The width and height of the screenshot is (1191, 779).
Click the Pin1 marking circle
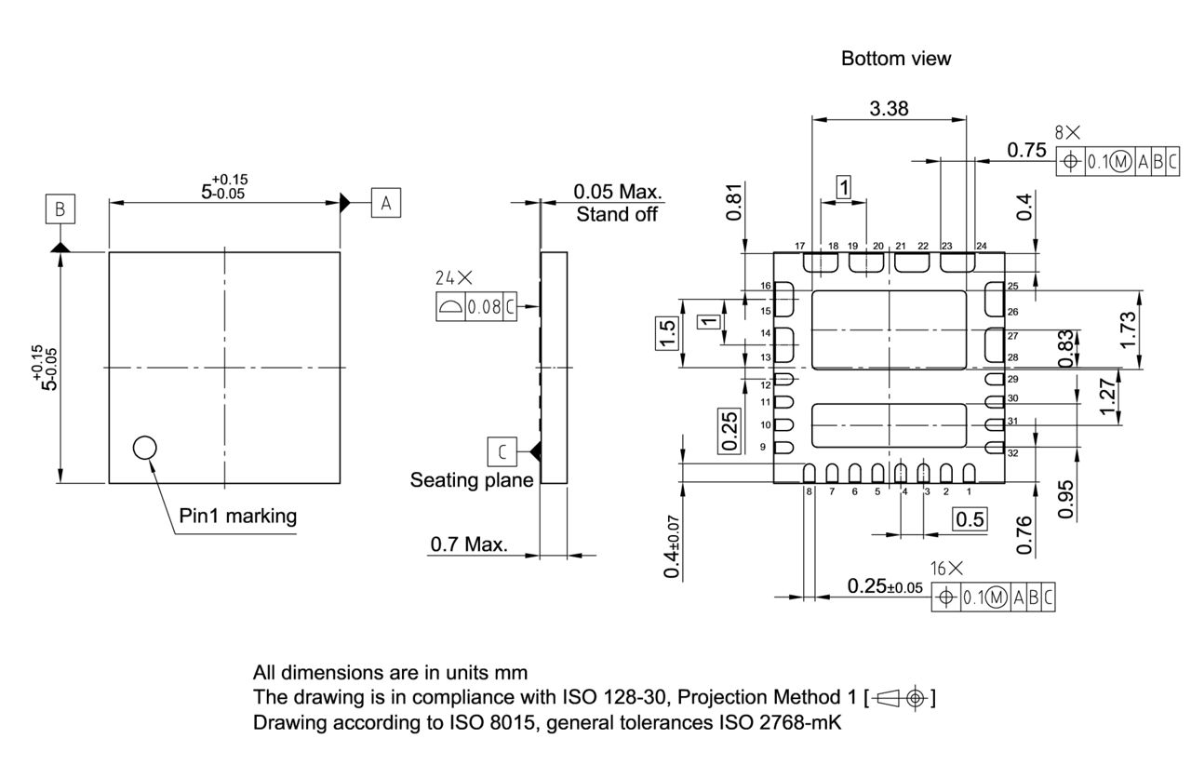[x=144, y=449]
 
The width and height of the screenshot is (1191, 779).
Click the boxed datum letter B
[x=60, y=209]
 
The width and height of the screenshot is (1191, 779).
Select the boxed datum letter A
[x=386, y=202]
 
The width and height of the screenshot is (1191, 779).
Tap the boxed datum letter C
[x=502, y=452]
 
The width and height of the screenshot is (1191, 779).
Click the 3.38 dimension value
[x=890, y=109]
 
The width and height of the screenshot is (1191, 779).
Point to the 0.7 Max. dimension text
[x=469, y=544]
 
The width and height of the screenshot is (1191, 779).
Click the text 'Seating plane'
[x=472, y=480]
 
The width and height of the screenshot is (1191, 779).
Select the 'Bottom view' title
[x=896, y=59]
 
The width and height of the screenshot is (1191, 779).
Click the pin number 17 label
[x=799, y=246]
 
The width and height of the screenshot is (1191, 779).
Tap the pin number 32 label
[x=1012, y=453]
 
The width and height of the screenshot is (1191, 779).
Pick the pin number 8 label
[x=809, y=491]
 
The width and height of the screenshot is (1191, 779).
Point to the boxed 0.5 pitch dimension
[x=970, y=519]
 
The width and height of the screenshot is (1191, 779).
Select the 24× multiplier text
[x=454, y=277]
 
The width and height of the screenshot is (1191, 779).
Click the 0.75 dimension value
[x=1026, y=151]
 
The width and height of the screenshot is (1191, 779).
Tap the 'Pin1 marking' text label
[x=238, y=516]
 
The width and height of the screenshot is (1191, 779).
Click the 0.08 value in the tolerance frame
[x=485, y=307]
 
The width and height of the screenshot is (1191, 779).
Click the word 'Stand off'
[x=616, y=215]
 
